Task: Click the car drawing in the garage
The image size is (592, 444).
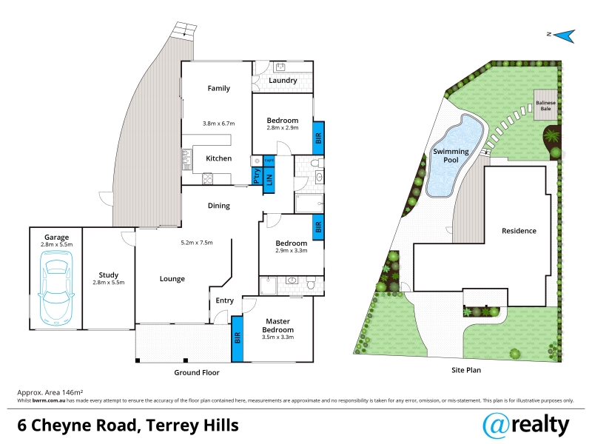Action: click(x=56, y=288)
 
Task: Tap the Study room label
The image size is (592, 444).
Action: click(x=108, y=275)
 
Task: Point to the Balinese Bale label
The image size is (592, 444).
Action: click(x=545, y=105)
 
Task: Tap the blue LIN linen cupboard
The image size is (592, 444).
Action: click(x=269, y=179)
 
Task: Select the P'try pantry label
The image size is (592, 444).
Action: click(x=257, y=176)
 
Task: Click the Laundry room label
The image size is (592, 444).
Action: click(x=283, y=81)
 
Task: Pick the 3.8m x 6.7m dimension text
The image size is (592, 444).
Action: click(x=218, y=124)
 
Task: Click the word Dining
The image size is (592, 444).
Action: click(x=218, y=206)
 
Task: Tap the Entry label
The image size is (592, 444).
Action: click(x=225, y=300)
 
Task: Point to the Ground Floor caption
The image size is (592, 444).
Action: click(x=197, y=373)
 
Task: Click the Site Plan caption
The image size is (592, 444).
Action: click(x=466, y=371)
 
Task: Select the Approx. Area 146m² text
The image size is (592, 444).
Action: click(x=50, y=393)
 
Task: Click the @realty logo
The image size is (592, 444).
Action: click(x=526, y=425)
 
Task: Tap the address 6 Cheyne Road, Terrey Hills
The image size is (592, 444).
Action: click(x=128, y=425)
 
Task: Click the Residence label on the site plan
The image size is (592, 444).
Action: click(x=519, y=231)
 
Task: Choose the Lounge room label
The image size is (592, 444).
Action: click(x=172, y=279)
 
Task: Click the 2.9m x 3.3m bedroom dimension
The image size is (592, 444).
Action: click(x=291, y=251)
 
